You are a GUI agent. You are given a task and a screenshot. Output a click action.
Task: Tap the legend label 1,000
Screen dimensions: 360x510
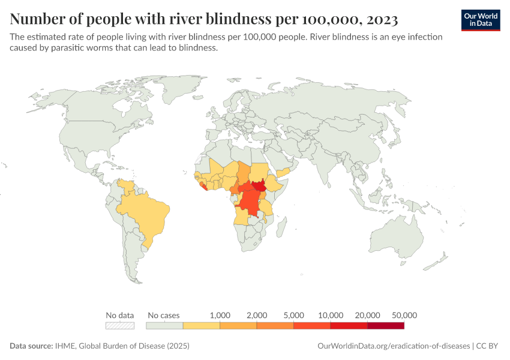(x=220, y=315)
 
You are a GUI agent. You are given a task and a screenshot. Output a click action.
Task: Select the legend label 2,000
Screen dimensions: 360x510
(x=257, y=315)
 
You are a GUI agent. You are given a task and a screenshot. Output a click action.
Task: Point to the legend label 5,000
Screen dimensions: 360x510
(x=294, y=315)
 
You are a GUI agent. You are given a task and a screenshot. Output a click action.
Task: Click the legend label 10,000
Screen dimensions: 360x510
(x=331, y=315)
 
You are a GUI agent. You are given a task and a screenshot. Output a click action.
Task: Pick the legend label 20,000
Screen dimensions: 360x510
(x=368, y=315)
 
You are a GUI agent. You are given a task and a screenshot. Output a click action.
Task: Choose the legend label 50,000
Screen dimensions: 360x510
(x=404, y=315)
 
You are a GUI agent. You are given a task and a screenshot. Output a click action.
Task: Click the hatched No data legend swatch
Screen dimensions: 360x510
(x=119, y=326)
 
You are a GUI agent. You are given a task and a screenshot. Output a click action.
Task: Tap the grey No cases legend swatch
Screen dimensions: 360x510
(x=164, y=326)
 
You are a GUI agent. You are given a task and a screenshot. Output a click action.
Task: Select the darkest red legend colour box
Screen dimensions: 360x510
(x=386, y=326)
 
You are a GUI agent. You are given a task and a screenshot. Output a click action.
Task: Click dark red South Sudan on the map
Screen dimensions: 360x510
(x=260, y=190)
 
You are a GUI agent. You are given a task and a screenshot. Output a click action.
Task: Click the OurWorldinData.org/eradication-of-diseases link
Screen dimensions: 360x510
(x=393, y=346)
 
